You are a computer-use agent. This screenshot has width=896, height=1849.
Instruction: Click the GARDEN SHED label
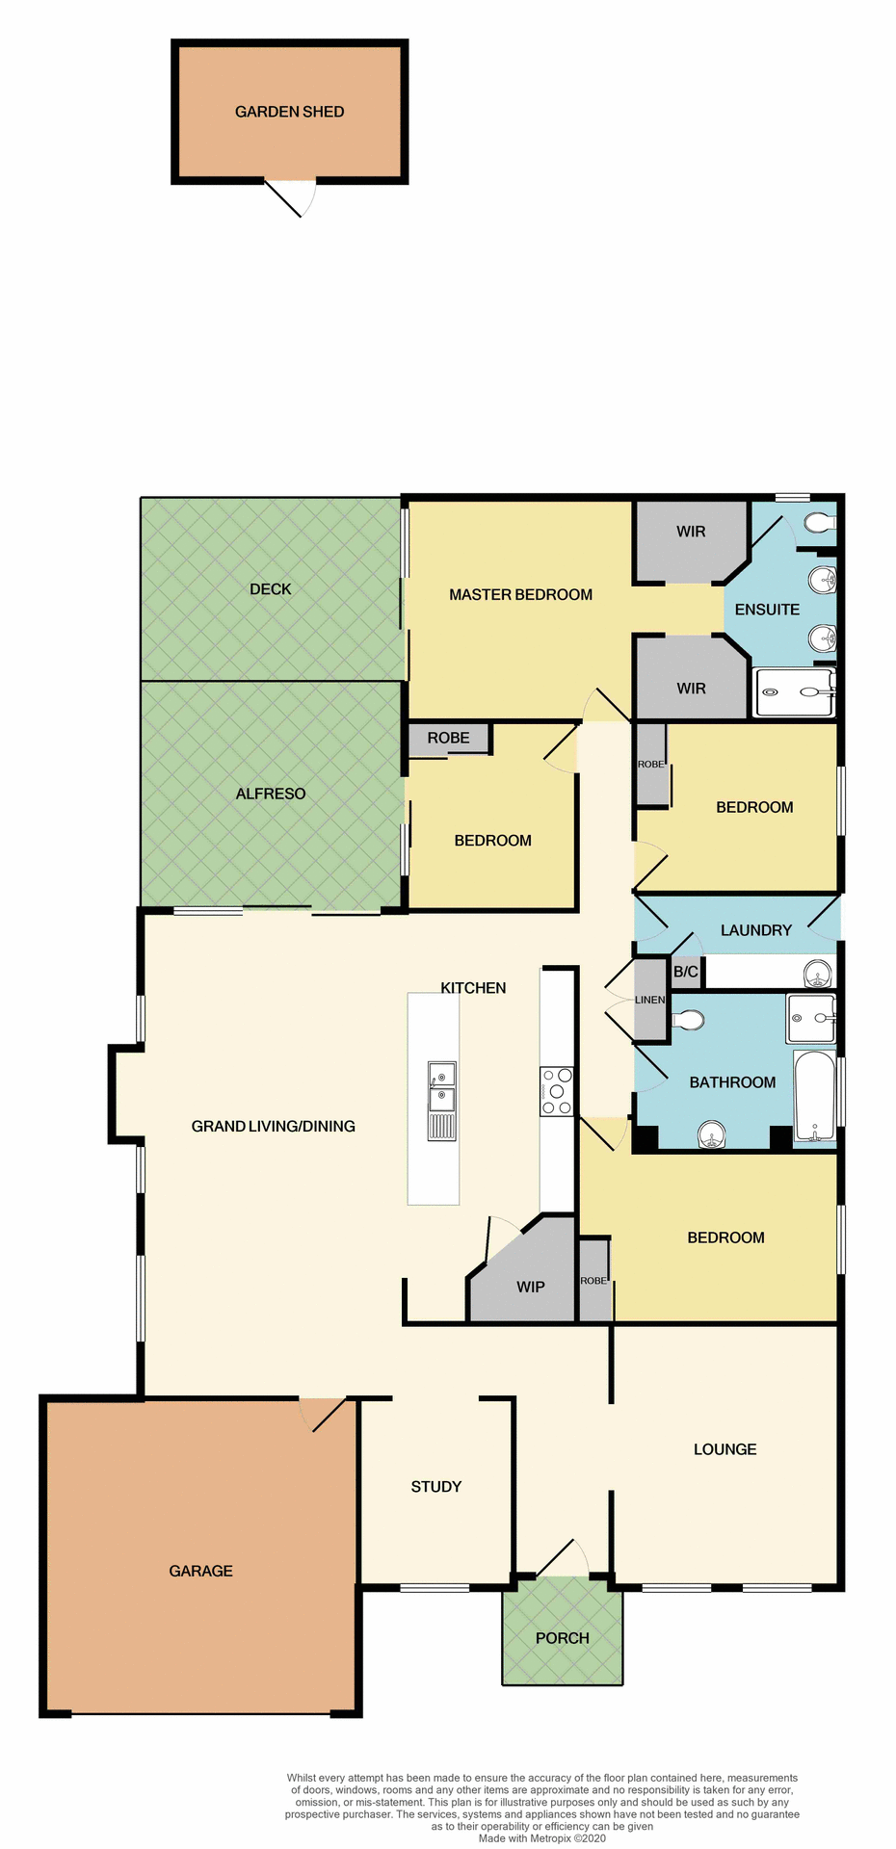tap(289, 112)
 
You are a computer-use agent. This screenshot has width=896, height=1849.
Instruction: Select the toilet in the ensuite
tap(819, 523)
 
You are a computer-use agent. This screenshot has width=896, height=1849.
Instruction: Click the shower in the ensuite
tap(795, 692)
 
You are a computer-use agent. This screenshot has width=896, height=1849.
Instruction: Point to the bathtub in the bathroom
tap(814, 1096)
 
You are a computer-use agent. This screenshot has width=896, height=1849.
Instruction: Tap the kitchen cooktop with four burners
tap(557, 1091)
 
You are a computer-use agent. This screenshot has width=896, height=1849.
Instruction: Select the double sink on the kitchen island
tap(442, 1086)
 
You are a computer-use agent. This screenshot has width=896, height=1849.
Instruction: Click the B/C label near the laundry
tap(686, 972)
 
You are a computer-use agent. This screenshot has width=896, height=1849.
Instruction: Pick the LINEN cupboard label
tap(649, 1000)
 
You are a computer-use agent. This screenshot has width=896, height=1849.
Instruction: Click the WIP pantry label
tap(531, 1287)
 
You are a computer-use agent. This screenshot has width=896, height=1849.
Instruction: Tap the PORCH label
tap(563, 1637)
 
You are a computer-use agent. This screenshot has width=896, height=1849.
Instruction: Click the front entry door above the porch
tap(563, 1559)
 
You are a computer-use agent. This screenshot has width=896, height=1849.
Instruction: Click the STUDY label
tap(436, 1486)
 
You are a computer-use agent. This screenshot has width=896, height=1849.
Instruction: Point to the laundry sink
tap(817, 973)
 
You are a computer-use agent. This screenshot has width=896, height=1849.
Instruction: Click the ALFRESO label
tap(271, 794)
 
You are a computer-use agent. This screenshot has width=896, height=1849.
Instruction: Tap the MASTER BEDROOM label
tap(520, 594)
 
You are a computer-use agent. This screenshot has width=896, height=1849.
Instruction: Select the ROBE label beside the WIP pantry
tap(593, 1281)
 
